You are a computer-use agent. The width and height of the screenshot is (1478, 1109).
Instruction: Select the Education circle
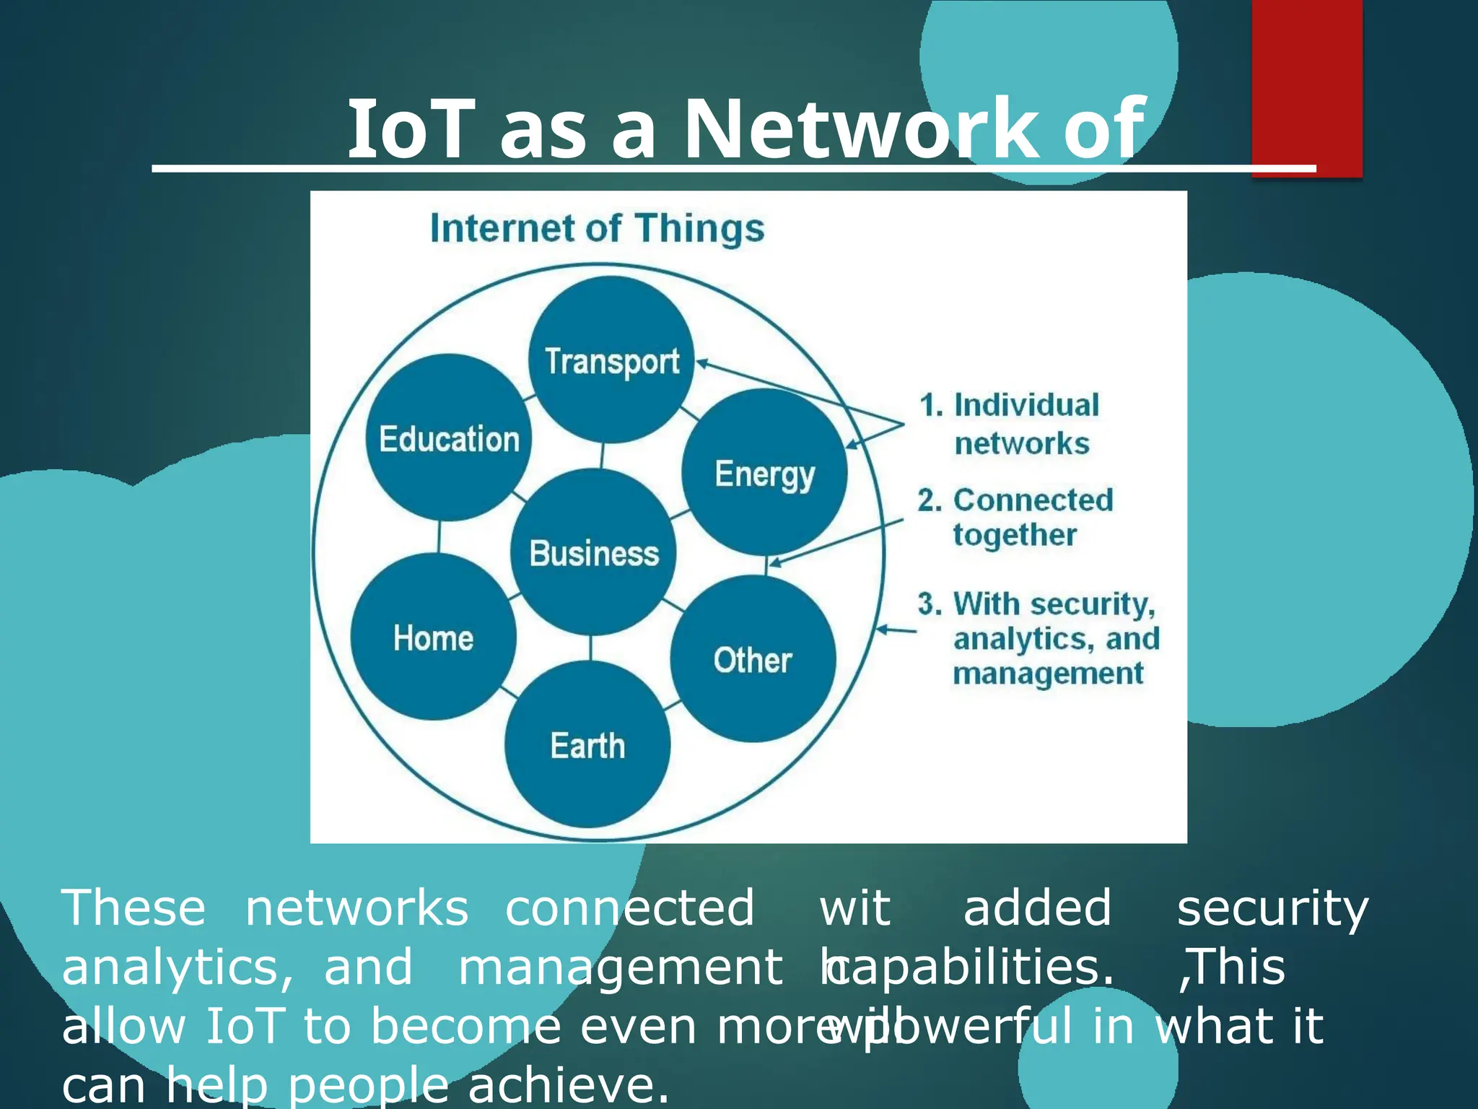pos(449,438)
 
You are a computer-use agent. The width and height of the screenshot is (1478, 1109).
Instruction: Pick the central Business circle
pos(593,552)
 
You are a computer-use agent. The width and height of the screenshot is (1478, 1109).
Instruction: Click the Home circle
pos(433,637)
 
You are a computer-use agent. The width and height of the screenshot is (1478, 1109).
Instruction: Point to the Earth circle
pos(587,744)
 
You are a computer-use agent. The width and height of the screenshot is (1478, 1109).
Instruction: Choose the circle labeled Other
pos(753,659)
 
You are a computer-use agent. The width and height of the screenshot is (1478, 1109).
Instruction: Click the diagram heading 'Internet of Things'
pos(597,228)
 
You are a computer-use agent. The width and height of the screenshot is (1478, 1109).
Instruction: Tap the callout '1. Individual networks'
pos(1010,424)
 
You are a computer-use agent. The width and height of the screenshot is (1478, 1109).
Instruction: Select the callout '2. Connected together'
pos(1016,517)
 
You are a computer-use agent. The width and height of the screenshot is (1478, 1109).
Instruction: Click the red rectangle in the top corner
pos(1306,87)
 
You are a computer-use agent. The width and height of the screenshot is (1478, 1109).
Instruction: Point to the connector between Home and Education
pos(439,536)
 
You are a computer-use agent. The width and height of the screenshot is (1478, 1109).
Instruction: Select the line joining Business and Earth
pos(591,648)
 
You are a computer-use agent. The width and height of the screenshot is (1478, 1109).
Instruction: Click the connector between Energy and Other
pos(765,565)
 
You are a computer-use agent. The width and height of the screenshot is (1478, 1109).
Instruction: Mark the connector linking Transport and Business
pos(603,456)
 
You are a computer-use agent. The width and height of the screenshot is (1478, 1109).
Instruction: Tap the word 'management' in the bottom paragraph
pos(621,967)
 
